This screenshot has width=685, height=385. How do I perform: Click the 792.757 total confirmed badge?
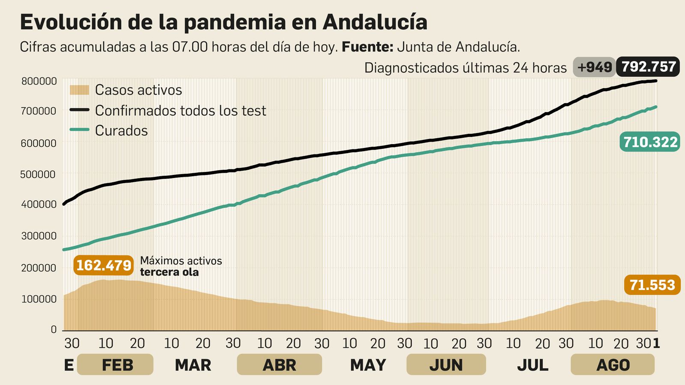648,67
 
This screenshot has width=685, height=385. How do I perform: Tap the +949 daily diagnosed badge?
594,67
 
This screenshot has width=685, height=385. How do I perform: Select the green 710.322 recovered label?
650,142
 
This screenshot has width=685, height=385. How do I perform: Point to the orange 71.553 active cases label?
652,285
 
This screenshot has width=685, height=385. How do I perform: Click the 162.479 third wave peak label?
104,265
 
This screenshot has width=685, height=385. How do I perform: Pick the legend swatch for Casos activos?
79,90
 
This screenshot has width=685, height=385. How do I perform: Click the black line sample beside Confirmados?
79,110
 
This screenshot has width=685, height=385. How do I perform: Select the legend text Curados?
121,130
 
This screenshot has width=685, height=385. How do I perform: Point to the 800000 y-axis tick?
39,81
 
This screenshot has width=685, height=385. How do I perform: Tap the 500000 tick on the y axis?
39,175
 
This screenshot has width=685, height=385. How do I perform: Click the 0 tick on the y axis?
54,329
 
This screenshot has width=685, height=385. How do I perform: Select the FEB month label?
117,365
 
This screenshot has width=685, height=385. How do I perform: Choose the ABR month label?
279,365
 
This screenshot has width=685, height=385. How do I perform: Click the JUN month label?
446,365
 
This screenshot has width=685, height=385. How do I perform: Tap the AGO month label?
613,365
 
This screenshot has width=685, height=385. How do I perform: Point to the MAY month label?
368,365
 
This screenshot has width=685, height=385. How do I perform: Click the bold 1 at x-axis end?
656,344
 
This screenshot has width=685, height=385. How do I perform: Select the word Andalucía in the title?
375,22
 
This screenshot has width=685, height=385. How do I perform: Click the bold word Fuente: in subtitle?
367,47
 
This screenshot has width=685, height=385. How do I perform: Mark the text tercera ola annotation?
169,272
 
